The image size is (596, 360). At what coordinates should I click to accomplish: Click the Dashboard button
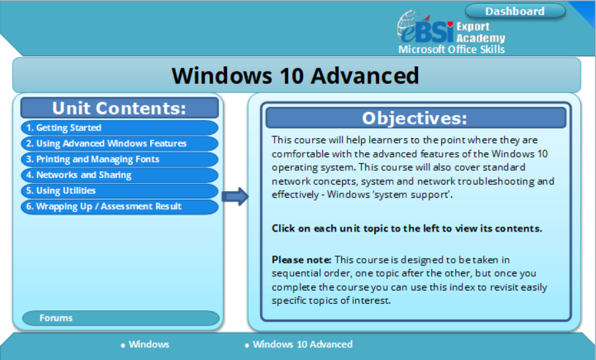click(515, 11)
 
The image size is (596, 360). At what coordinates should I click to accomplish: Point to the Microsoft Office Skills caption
click(451, 50)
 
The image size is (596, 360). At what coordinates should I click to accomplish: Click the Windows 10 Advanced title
click(295, 75)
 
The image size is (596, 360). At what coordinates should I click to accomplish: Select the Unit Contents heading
click(119, 108)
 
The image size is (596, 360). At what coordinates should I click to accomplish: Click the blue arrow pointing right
click(235, 196)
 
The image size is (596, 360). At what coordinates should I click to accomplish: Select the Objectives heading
click(415, 118)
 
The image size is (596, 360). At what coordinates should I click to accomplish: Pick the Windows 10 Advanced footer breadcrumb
click(302, 345)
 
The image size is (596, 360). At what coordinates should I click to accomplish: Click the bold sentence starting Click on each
click(407, 228)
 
